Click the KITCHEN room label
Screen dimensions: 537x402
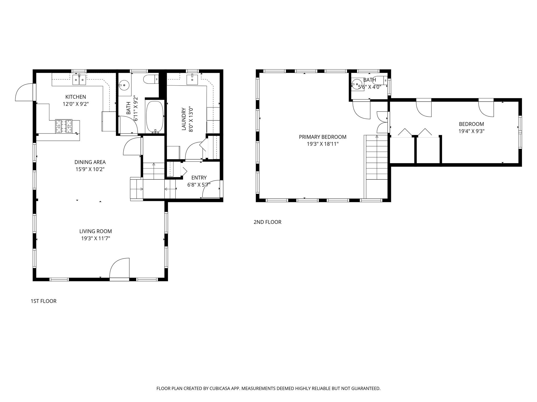tap(76, 97)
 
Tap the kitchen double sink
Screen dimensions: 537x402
tap(79, 80)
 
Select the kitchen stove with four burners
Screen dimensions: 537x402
tap(64, 126)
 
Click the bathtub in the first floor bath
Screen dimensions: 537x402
tap(155, 117)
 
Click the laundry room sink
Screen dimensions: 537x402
tap(192, 79)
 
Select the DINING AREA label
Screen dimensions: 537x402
tap(90, 162)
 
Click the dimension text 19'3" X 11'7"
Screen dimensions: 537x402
tap(95, 238)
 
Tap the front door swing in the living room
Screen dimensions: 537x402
tap(120, 268)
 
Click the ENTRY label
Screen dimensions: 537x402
tap(199, 178)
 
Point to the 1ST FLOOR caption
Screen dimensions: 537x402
tap(44, 301)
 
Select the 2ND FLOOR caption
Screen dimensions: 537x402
tap(267, 222)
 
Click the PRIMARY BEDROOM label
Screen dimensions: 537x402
tap(323, 137)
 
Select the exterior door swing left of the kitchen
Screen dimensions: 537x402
tap(24, 92)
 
